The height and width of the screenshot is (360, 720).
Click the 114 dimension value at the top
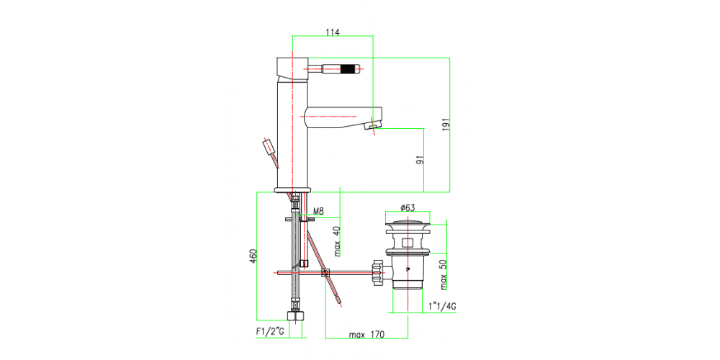tap(332, 32)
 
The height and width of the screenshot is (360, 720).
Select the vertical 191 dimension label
tap(446, 124)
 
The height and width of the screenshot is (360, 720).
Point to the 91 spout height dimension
tap(419, 159)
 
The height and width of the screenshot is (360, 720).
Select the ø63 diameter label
tap(408, 208)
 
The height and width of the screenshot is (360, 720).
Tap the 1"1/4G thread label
tap(442, 307)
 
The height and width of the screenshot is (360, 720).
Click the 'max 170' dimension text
tap(366, 335)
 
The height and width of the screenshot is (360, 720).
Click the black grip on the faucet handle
tap(348, 71)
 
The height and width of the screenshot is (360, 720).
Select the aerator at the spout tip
tap(372, 127)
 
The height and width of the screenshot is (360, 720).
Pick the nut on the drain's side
tap(376, 272)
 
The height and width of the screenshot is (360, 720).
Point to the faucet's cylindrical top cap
tap(291, 68)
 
